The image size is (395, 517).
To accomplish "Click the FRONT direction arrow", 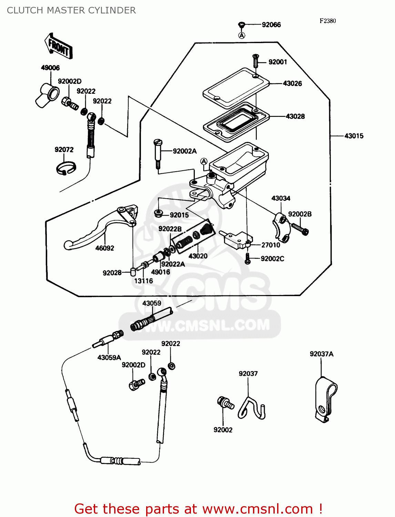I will point(58,46).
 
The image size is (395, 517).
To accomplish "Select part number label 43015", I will point(354,136).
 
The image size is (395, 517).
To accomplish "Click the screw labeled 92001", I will point(255,61).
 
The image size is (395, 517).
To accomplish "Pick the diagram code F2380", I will point(327,21).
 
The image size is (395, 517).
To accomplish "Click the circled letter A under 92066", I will point(242,35).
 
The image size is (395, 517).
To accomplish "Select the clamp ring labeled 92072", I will point(66,168).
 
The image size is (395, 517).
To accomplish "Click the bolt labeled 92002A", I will point(158,153).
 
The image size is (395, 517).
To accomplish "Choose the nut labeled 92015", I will point(159,213).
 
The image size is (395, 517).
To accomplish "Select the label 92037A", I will point(321,354).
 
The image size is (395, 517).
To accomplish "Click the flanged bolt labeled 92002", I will point(225,403).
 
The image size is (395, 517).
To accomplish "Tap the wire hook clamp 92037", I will point(253,408).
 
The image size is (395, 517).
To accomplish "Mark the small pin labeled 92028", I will point(133,272).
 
